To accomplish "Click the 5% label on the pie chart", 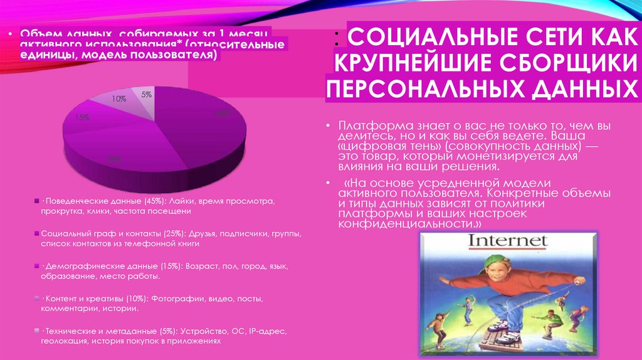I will click(x=146, y=95).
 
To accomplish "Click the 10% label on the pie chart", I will click(x=119, y=99).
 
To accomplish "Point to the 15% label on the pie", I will click(x=82, y=117).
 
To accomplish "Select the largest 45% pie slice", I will click(x=201, y=125).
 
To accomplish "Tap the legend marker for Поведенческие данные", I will click(x=36, y=201).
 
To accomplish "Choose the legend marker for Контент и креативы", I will click(x=36, y=298).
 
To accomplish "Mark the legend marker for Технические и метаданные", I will click(x=36, y=331).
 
